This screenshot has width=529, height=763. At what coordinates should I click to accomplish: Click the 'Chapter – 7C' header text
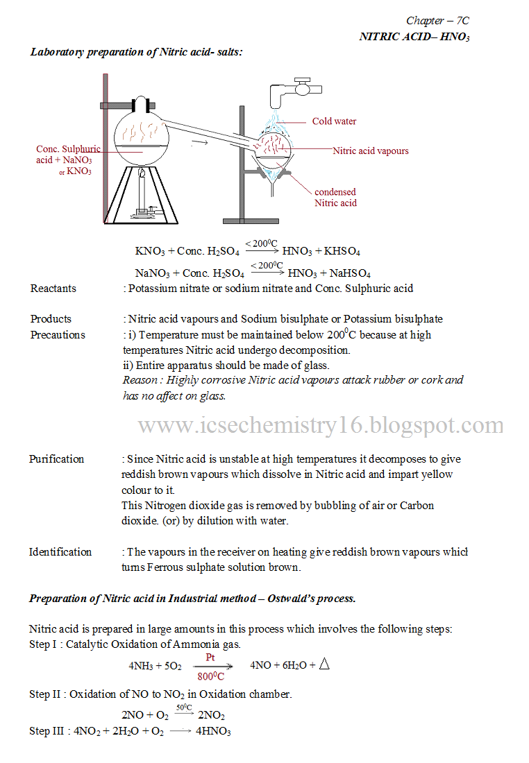tap(437, 21)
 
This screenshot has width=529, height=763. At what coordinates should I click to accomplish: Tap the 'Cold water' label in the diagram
tap(334, 121)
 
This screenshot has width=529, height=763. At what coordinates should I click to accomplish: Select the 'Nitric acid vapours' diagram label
tap(371, 151)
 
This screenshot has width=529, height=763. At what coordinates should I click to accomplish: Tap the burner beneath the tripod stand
tap(144, 208)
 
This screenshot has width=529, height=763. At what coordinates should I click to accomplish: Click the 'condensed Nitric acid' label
tap(335, 198)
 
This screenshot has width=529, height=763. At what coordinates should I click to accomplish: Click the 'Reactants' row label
tap(53, 289)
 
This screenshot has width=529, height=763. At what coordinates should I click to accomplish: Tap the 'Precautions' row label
tap(58, 335)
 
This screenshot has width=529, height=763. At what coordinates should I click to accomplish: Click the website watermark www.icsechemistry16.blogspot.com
tap(321, 425)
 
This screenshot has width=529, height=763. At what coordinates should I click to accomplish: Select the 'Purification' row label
tap(56, 459)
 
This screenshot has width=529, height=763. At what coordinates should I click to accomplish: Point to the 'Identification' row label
tap(60, 552)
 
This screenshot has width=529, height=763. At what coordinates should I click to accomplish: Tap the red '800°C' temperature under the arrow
tap(211, 676)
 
